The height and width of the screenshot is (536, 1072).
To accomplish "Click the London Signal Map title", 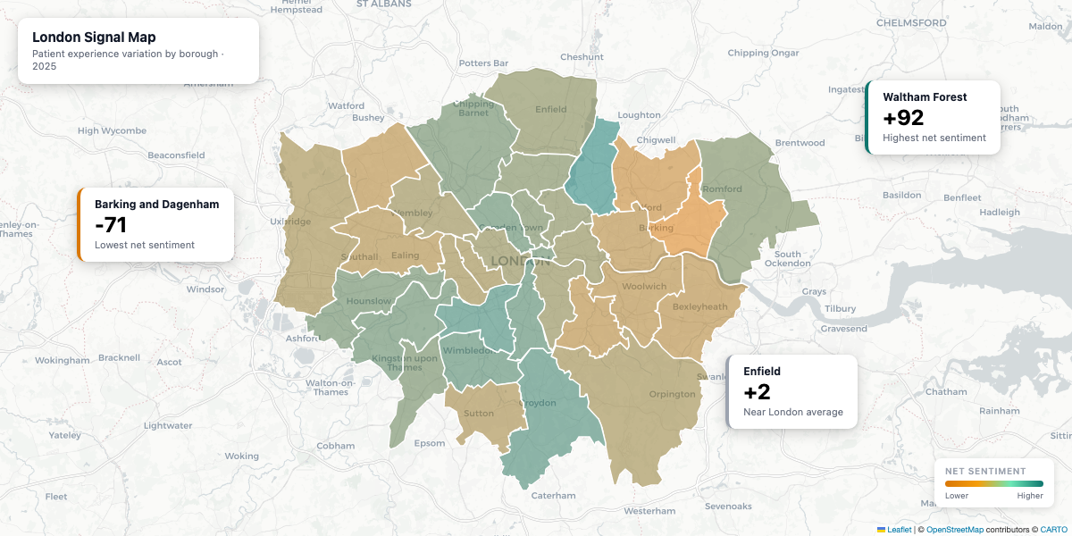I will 94,38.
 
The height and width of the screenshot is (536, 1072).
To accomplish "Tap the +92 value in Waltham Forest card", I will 903,118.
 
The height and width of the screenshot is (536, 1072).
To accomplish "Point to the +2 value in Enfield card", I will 757,392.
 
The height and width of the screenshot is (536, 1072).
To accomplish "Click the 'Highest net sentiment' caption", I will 934,138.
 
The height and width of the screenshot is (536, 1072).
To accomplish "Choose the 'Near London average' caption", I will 792,412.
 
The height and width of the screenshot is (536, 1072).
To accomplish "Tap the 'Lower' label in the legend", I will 957,495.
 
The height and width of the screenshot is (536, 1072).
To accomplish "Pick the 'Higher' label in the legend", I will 1029,495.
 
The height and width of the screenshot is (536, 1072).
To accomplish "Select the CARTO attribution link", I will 1054,530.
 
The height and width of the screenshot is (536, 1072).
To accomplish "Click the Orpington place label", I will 672,394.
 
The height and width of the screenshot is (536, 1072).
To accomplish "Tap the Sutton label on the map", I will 479,414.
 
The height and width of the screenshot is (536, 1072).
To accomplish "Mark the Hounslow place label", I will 369,301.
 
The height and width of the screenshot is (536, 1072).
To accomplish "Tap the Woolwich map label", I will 644,287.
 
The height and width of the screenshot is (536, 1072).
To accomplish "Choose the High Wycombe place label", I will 112,130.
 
